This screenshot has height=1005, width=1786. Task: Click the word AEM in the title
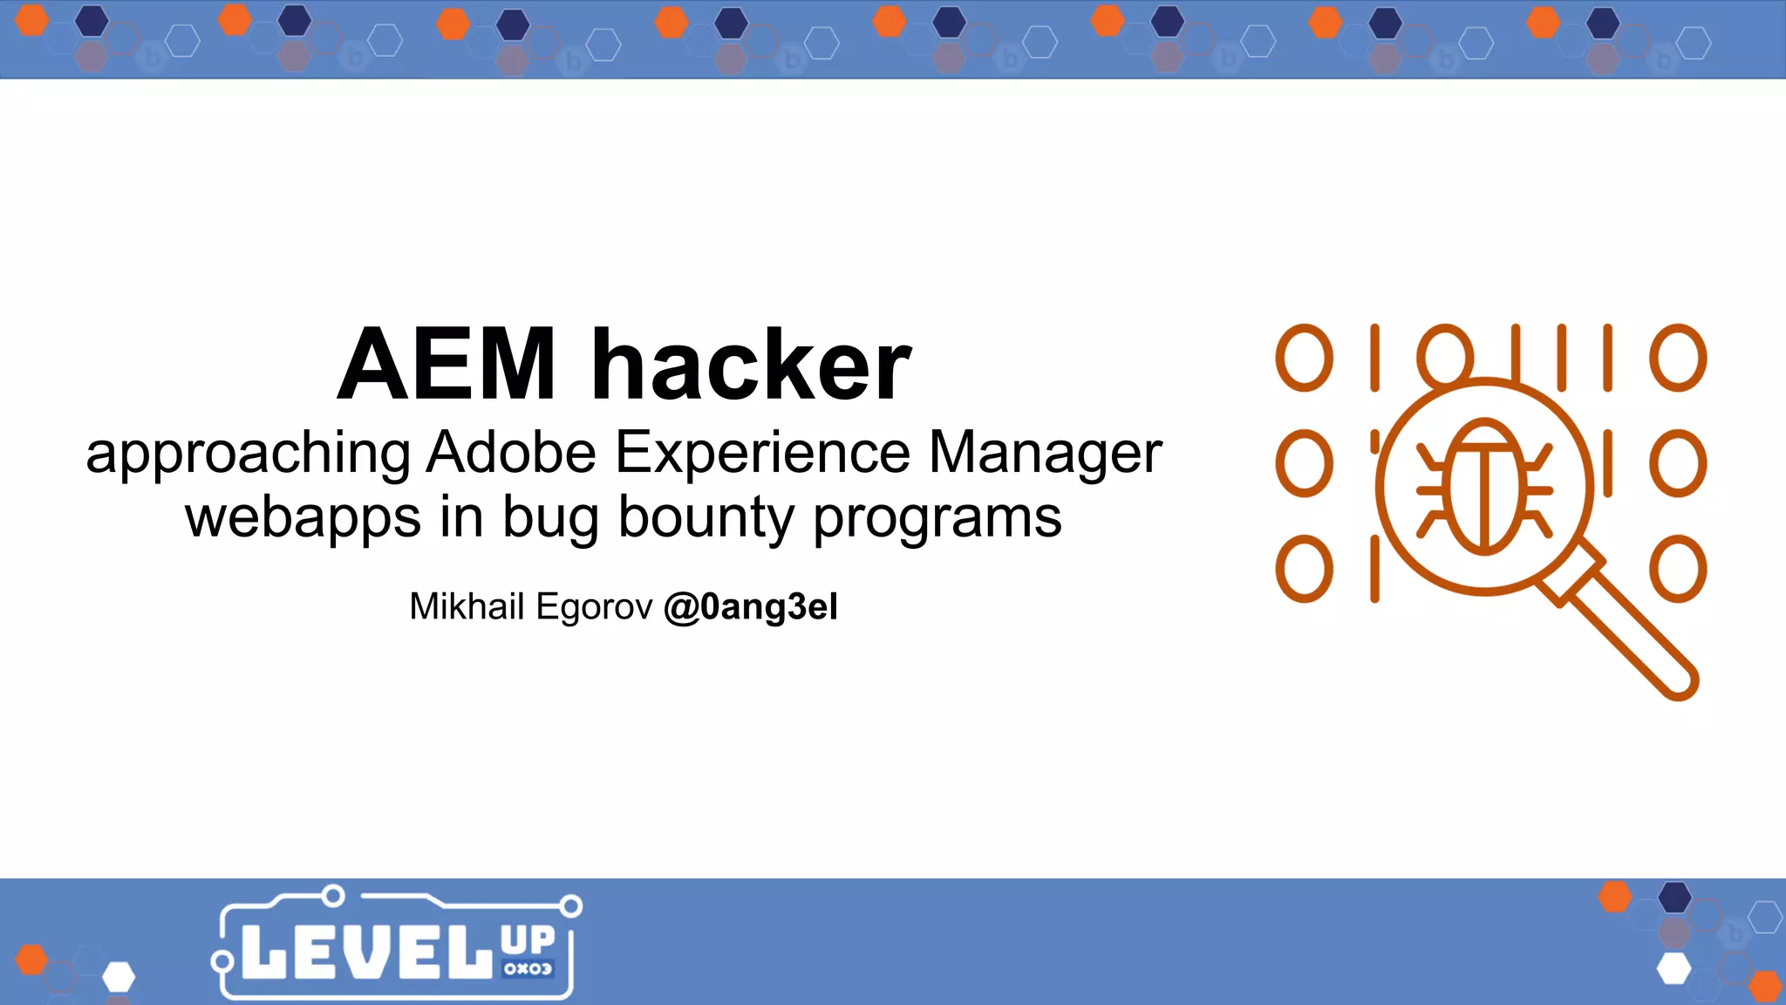click(446, 365)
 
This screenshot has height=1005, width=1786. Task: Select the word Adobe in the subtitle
click(511, 453)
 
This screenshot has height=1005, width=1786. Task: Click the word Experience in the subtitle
click(763, 453)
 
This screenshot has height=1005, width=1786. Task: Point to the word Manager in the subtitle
click(1045, 453)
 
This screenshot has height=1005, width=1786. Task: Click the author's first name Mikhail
click(467, 606)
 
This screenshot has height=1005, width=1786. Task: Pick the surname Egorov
click(594, 606)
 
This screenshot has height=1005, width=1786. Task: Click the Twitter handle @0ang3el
click(750, 606)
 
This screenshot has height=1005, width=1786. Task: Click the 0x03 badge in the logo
click(528, 968)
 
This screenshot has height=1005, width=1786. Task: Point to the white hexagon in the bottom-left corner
click(119, 977)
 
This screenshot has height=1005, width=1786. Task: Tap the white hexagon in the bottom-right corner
click(1674, 968)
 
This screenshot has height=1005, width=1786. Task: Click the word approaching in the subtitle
click(248, 453)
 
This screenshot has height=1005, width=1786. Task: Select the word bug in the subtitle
click(550, 518)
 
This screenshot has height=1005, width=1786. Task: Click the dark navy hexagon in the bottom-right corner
click(1674, 897)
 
